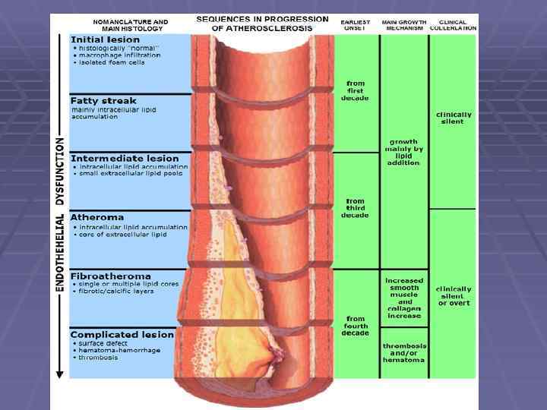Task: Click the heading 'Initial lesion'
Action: point(105,39)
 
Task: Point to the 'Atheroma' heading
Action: point(93,217)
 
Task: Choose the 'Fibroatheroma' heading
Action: point(110,276)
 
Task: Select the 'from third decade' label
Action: point(356,208)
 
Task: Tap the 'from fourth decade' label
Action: point(356,326)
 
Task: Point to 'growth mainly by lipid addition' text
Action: point(403,152)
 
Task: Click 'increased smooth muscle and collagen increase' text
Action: point(403,298)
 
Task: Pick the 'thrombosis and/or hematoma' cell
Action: point(403,352)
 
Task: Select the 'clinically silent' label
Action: point(454,118)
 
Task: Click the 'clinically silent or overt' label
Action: point(454,296)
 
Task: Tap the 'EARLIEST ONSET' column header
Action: point(356,25)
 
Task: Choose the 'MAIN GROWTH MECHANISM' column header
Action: point(403,25)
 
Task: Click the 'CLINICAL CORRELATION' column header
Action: point(454,25)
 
